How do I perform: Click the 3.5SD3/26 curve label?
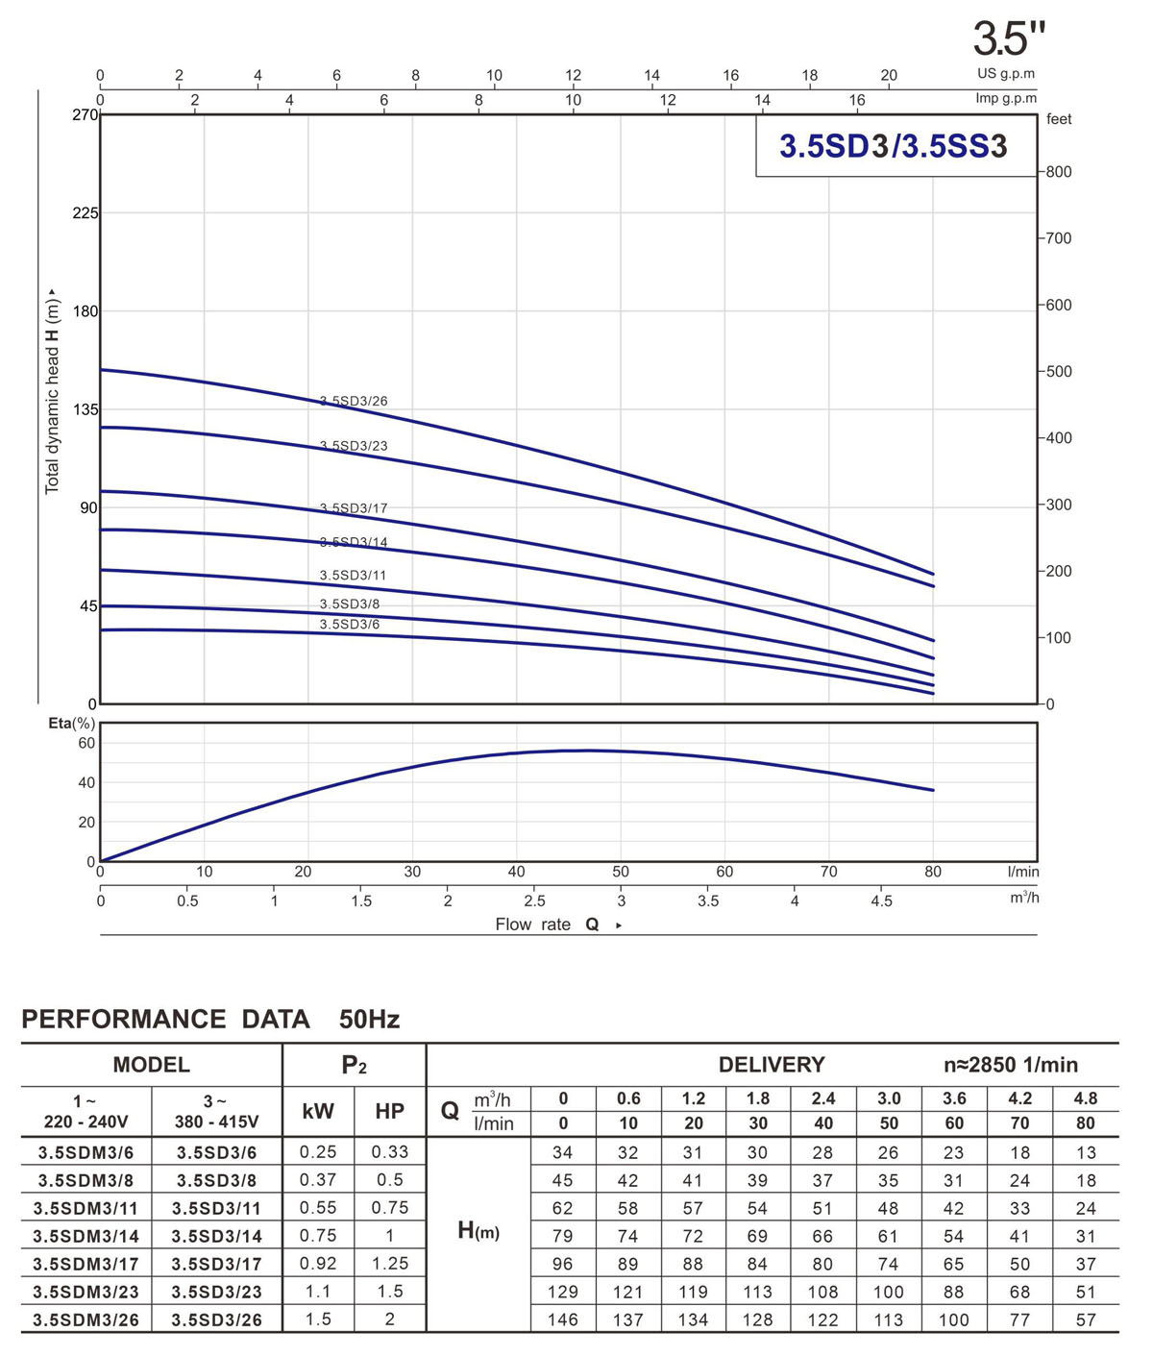[354, 402]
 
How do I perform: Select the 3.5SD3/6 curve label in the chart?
[350, 625]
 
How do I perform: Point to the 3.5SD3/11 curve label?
[353, 576]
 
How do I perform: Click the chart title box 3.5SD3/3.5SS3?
[893, 146]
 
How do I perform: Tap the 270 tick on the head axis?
[85, 115]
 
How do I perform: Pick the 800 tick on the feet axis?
[1059, 172]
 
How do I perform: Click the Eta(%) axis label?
[71, 723]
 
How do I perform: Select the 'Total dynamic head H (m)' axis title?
[52, 391]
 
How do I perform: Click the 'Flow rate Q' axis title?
[548, 925]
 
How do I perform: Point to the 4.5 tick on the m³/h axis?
[881, 901]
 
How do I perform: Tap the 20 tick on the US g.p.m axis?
[889, 75]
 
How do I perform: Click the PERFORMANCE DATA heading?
[165, 1020]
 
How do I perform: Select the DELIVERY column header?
[772, 1065]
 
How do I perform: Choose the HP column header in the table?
[389, 1112]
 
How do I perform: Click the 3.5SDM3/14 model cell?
[86, 1237]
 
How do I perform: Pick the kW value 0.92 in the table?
[318, 1264]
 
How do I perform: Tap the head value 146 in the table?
[563, 1319]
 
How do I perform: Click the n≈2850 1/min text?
[1011, 1065]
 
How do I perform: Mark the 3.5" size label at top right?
[1008, 39]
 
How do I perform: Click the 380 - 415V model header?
[216, 1122]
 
